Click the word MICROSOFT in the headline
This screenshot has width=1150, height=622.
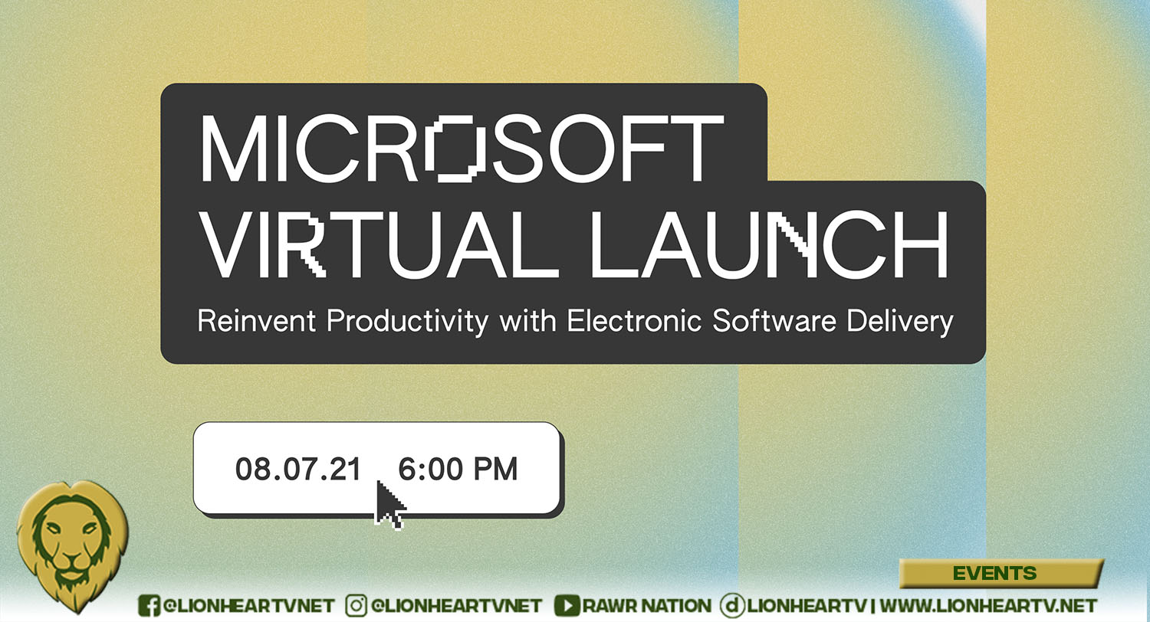tap(462, 149)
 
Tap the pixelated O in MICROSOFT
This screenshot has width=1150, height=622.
tap(456, 149)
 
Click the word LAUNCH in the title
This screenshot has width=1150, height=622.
tap(768, 244)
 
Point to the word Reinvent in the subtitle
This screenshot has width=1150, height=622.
tap(257, 321)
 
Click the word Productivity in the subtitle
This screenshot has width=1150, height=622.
tap(408, 322)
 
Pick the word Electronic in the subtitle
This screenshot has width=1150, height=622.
tap(634, 321)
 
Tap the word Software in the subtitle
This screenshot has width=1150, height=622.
tap(774, 321)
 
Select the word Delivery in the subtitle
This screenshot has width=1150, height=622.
tap(900, 322)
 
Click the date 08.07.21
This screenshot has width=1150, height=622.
tap(298, 470)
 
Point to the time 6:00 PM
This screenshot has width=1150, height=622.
tap(458, 470)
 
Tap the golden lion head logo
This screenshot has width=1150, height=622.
tap(72, 545)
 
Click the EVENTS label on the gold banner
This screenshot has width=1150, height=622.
tap(995, 573)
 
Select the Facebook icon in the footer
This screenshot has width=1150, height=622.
tap(149, 606)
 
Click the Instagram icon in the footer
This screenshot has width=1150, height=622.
tap(356, 606)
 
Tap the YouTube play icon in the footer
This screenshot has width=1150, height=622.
tap(567, 606)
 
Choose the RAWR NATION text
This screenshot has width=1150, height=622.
tap(647, 606)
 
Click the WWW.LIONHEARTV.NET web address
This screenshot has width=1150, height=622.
tap(988, 606)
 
